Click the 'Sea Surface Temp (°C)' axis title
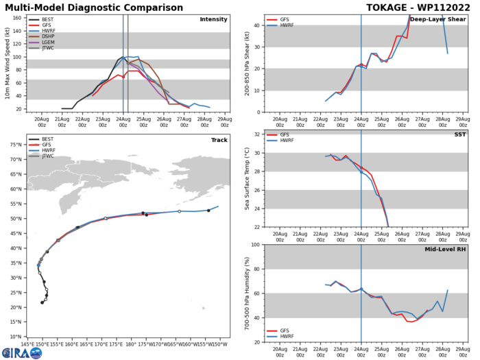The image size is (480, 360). click(245, 180)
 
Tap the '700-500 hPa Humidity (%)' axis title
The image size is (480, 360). click(245, 293)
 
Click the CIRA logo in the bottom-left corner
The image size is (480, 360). click(21, 352)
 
